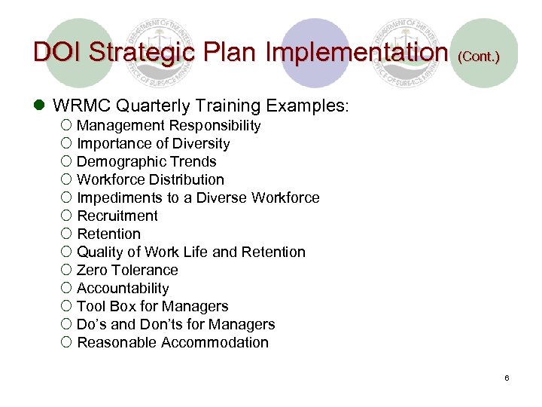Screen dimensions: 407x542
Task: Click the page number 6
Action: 507,378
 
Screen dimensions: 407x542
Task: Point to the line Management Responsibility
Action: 169,126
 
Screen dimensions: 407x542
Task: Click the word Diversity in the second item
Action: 202,144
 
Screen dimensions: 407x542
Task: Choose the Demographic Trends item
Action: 147,162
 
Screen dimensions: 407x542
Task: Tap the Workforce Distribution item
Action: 151,180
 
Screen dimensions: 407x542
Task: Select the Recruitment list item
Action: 117,216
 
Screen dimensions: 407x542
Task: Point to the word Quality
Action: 101,252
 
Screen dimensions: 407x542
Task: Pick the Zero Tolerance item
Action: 127,271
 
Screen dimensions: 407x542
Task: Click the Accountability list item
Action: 123,289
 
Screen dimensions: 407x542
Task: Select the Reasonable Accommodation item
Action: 172,343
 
